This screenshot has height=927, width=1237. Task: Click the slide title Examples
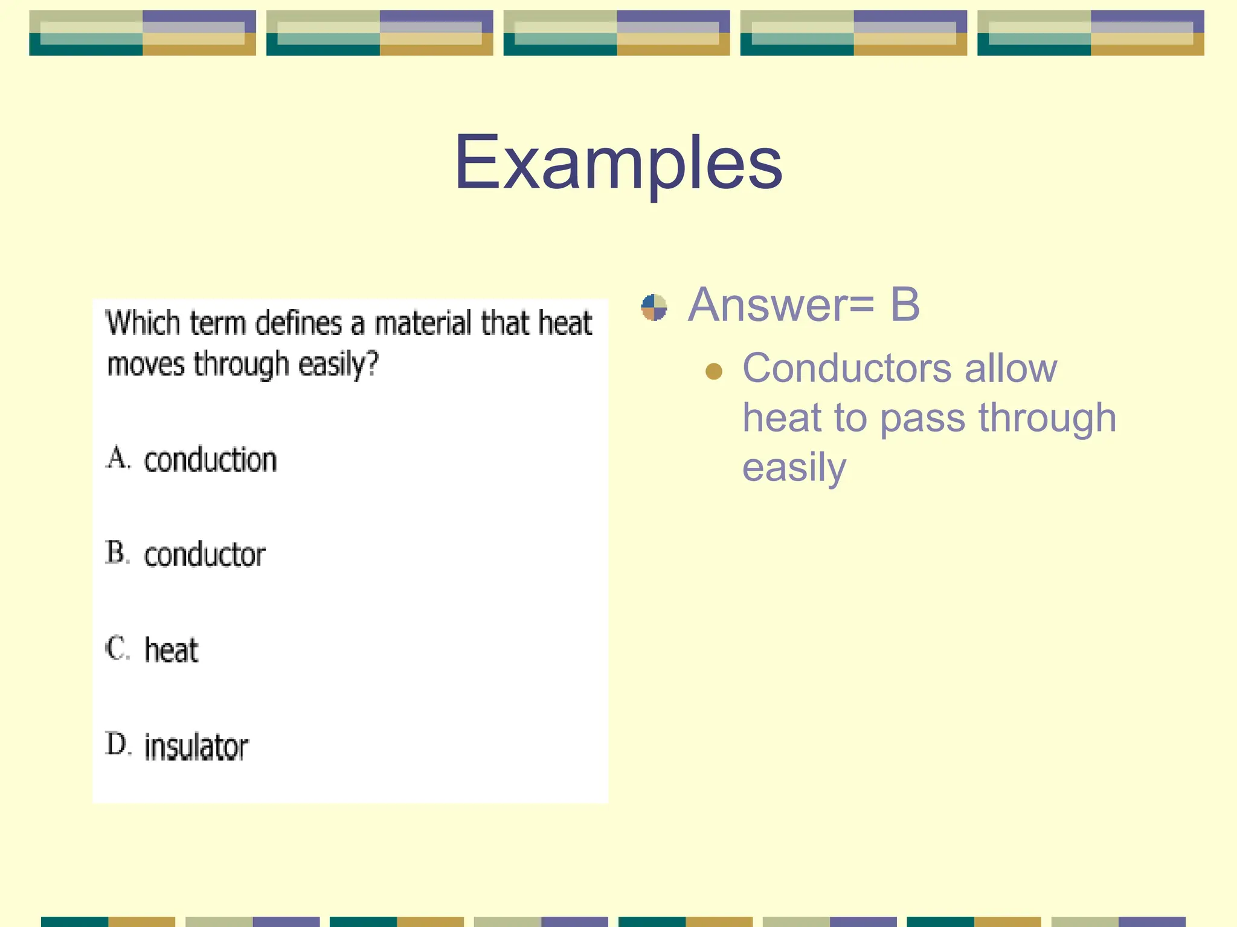618,163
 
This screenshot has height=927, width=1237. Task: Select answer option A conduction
209,460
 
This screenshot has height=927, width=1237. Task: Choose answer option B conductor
204,555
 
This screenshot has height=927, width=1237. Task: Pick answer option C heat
171,650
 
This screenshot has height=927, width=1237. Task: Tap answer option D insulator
196,747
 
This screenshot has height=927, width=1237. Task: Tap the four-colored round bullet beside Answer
654,307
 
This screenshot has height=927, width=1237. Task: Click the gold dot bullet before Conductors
714,371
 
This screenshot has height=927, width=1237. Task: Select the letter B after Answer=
904,305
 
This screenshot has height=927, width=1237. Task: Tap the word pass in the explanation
922,418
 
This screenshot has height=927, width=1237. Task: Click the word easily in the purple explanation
794,468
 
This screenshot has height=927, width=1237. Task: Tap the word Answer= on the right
780,305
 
